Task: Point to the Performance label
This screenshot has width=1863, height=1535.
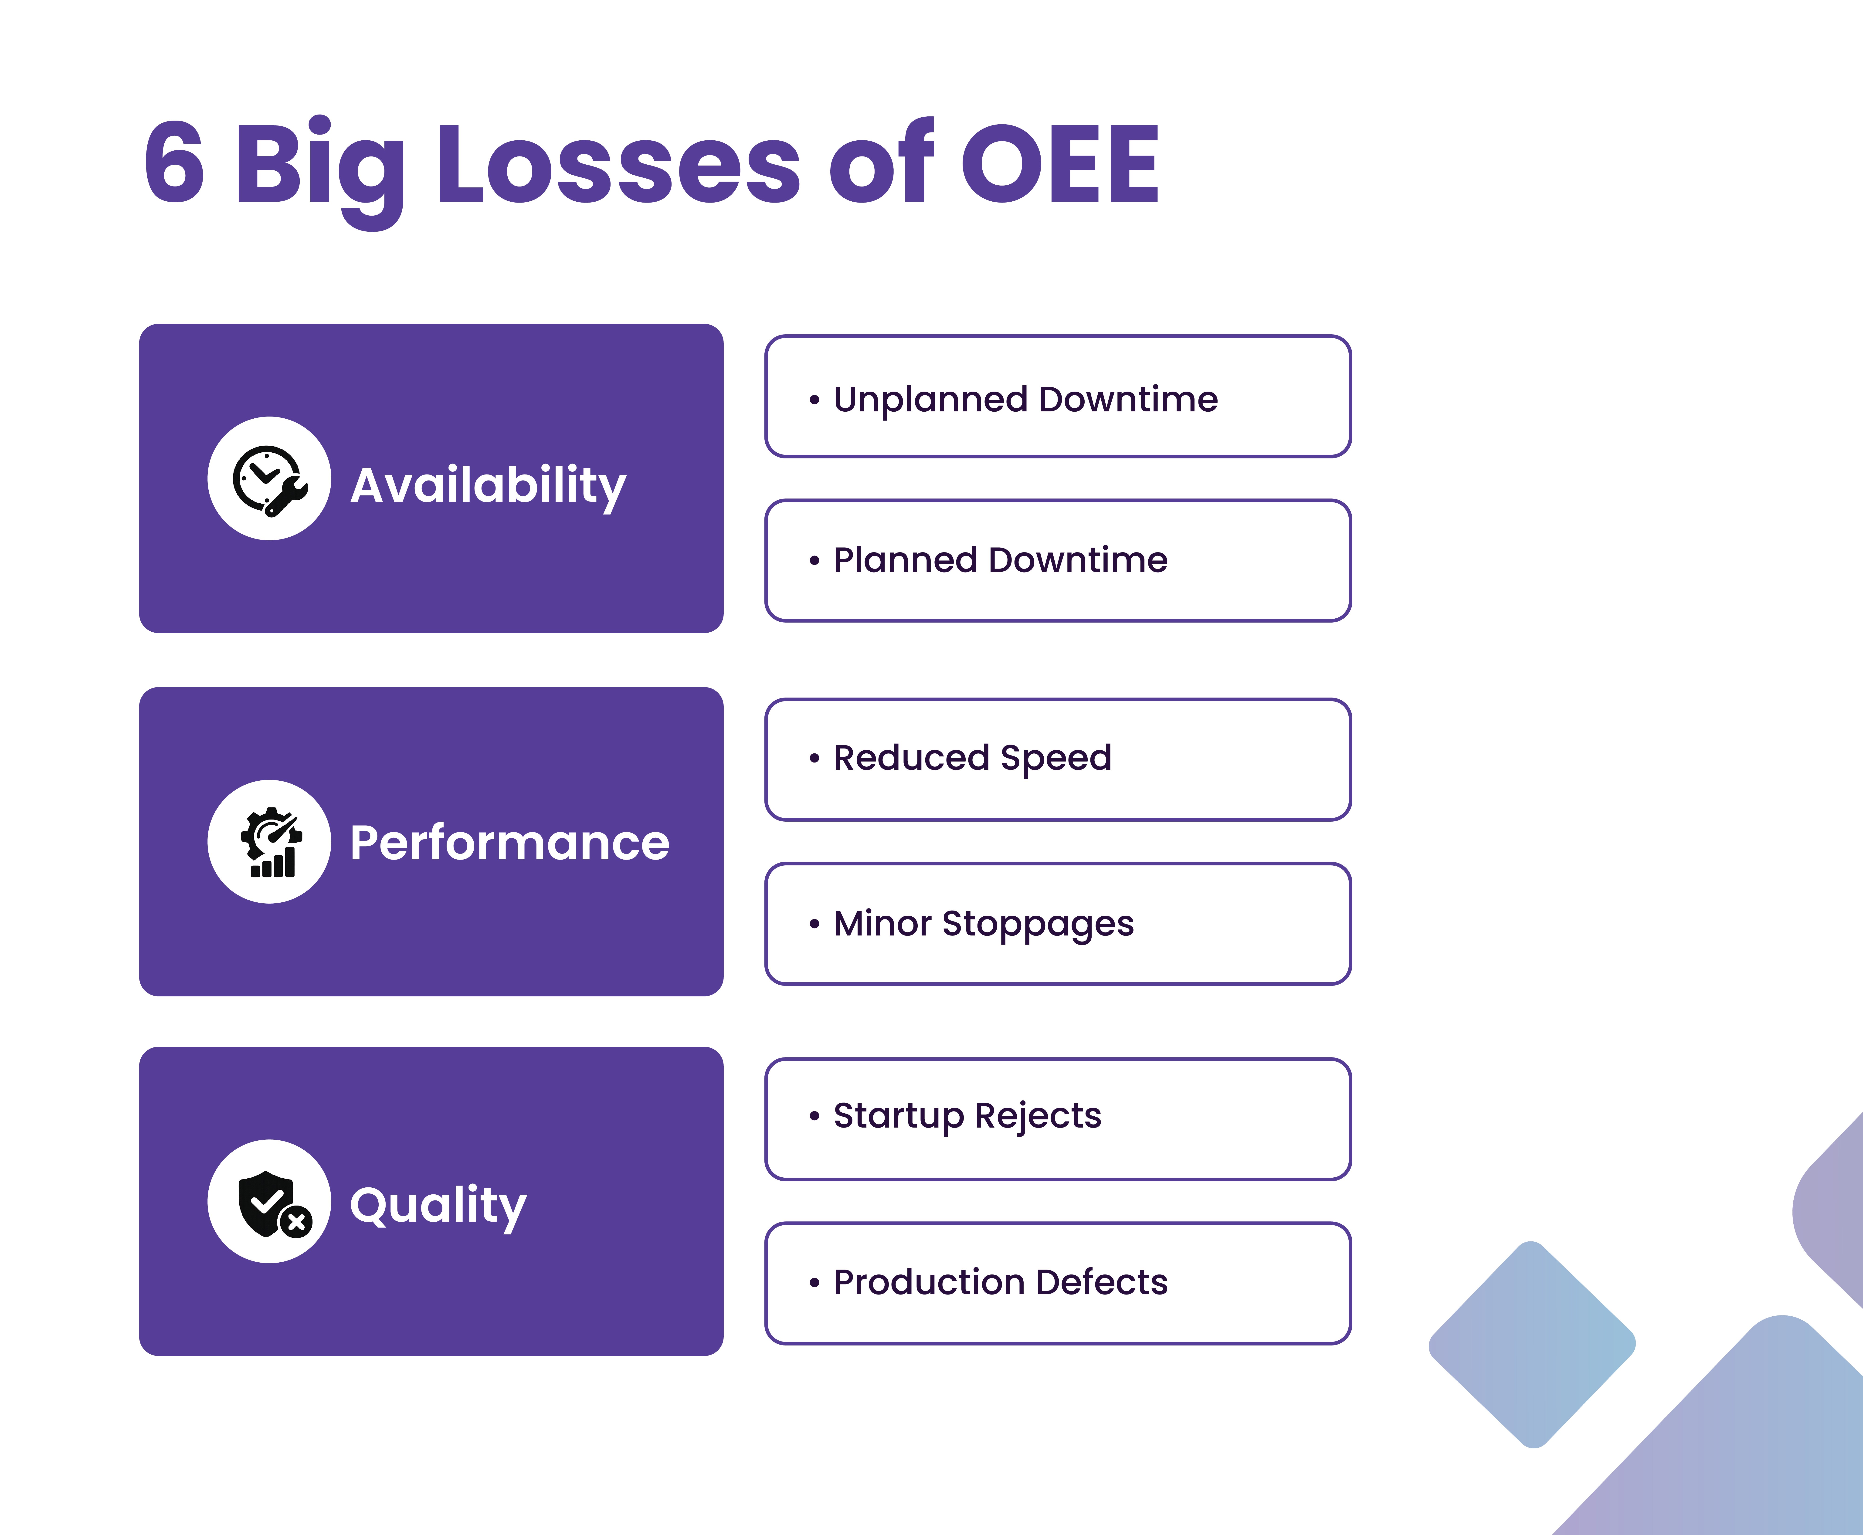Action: pyautogui.click(x=509, y=843)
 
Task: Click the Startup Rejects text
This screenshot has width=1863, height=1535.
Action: pyautogui.click(x=967, y=1116)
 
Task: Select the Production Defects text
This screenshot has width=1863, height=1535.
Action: pyautogui.click(x=1000, y=1282)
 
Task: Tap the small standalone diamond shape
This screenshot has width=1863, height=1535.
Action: pyautogui.click(x=1531, y=1344)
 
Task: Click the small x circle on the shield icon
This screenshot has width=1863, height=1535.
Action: pyautogui.click(x=297, y=1223)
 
